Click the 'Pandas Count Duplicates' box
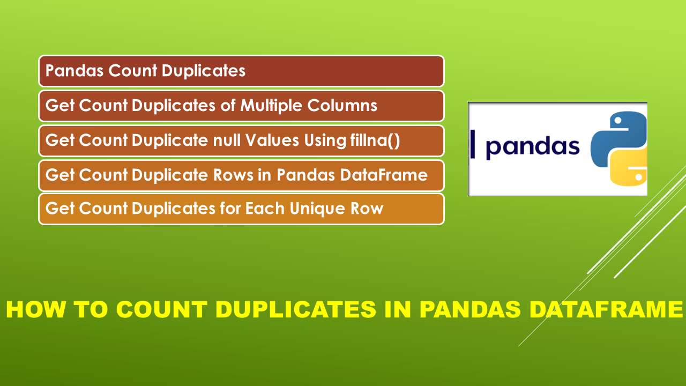tap(241, 71)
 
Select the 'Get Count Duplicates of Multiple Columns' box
tap(241, 106)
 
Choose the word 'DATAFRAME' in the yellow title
tap(606, 310)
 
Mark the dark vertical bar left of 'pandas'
tap(472, 144)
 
